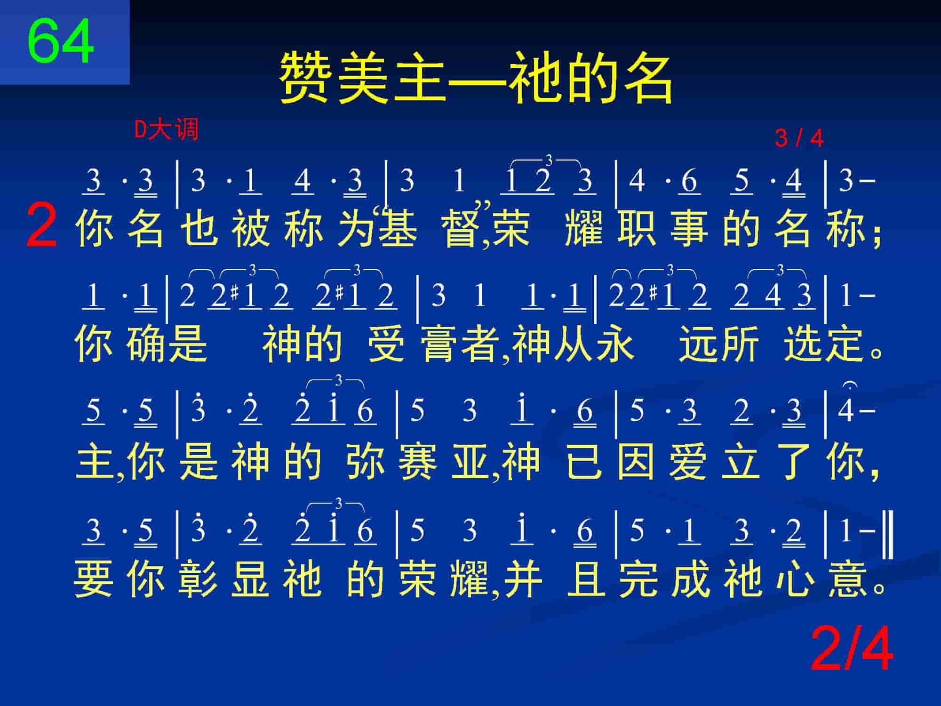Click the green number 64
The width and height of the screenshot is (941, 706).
[61, 41]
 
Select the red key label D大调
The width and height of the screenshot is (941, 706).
[167, 129]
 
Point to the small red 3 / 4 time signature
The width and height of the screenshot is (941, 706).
[799, 138]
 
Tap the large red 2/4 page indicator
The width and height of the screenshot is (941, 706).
[852, 649]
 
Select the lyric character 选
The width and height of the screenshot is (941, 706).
[803, 344]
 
